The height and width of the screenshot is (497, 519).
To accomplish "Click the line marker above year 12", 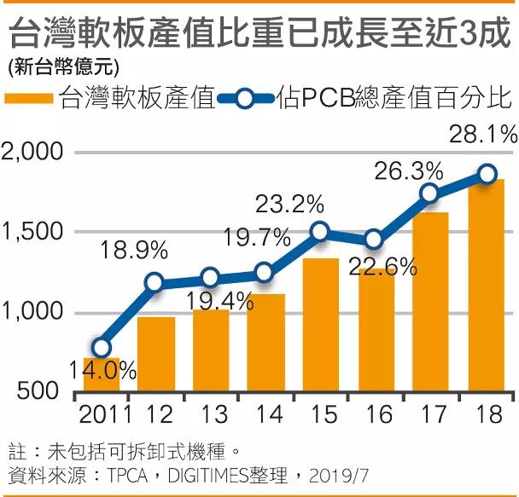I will pos(155,282).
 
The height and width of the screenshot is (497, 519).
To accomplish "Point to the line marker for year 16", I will pos(374,239).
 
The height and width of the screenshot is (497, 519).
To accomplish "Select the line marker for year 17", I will pos(431,194).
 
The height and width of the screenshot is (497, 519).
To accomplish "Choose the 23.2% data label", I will pos(290,205).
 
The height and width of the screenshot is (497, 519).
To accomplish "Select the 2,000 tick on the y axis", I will pos(32,153).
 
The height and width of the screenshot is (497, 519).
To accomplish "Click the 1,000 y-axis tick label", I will pos(32,312).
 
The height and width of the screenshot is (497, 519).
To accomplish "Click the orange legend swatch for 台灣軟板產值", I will pos(31,98).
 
